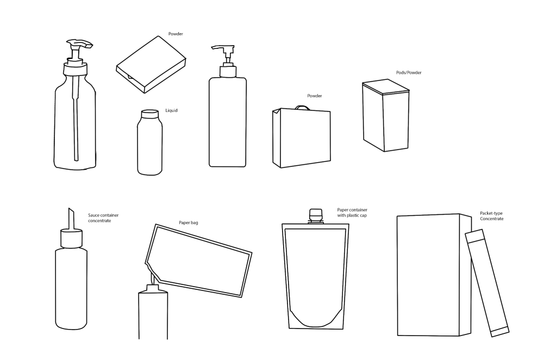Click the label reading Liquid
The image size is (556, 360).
coord(171,110)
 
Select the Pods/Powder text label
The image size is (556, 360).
coord(409,72)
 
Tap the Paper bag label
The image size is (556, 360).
coord(188,223)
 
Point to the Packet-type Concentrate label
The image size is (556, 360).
coord(491,216)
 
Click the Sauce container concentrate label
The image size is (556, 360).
coord(103,218)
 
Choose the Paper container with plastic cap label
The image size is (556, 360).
coord(352,213)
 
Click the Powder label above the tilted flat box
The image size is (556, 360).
coord(176,34)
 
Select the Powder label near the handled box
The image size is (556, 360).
coord(315,96)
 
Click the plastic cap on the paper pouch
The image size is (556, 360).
coord(316,216)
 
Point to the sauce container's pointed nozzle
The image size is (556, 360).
coord(71,219)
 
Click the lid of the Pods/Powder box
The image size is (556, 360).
coord(386,86)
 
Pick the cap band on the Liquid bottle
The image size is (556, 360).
coord(149,114)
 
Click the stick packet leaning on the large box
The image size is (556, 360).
coord(487,283)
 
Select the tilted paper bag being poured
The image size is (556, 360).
coord(198,260)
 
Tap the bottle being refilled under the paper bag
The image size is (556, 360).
coord(153,312)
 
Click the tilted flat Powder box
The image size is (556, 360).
coord(151,64)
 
